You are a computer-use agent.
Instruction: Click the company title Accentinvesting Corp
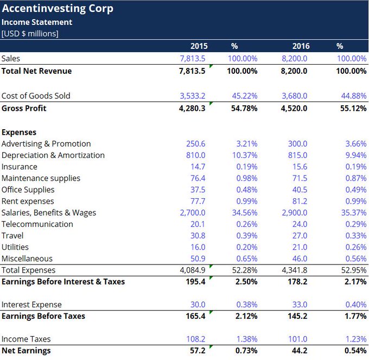coord(57,9)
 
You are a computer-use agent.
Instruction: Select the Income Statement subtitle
coord(37,22)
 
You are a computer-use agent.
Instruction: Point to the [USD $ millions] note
coord(30,34)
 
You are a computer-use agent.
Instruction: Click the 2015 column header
coord(199,46)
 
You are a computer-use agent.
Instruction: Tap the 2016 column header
coord(301,46)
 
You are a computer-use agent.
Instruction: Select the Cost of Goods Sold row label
coord(36,96)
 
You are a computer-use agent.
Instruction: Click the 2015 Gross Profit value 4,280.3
coord(192,108)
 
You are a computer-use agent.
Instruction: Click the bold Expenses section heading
coord(19,132)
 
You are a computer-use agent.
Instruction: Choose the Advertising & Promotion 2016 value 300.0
coord(297,144)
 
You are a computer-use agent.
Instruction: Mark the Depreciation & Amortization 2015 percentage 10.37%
coord(245,155)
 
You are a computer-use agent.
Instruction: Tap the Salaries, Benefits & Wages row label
coord(49,212)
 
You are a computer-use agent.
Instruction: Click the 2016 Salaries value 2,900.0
coord(294,212)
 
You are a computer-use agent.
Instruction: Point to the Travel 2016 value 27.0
coord(298,236)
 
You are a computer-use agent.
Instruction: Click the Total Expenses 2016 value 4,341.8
coord(294,270)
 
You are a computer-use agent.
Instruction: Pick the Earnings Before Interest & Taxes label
coord(63,281)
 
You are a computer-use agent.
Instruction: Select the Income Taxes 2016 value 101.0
coord(297,339)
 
